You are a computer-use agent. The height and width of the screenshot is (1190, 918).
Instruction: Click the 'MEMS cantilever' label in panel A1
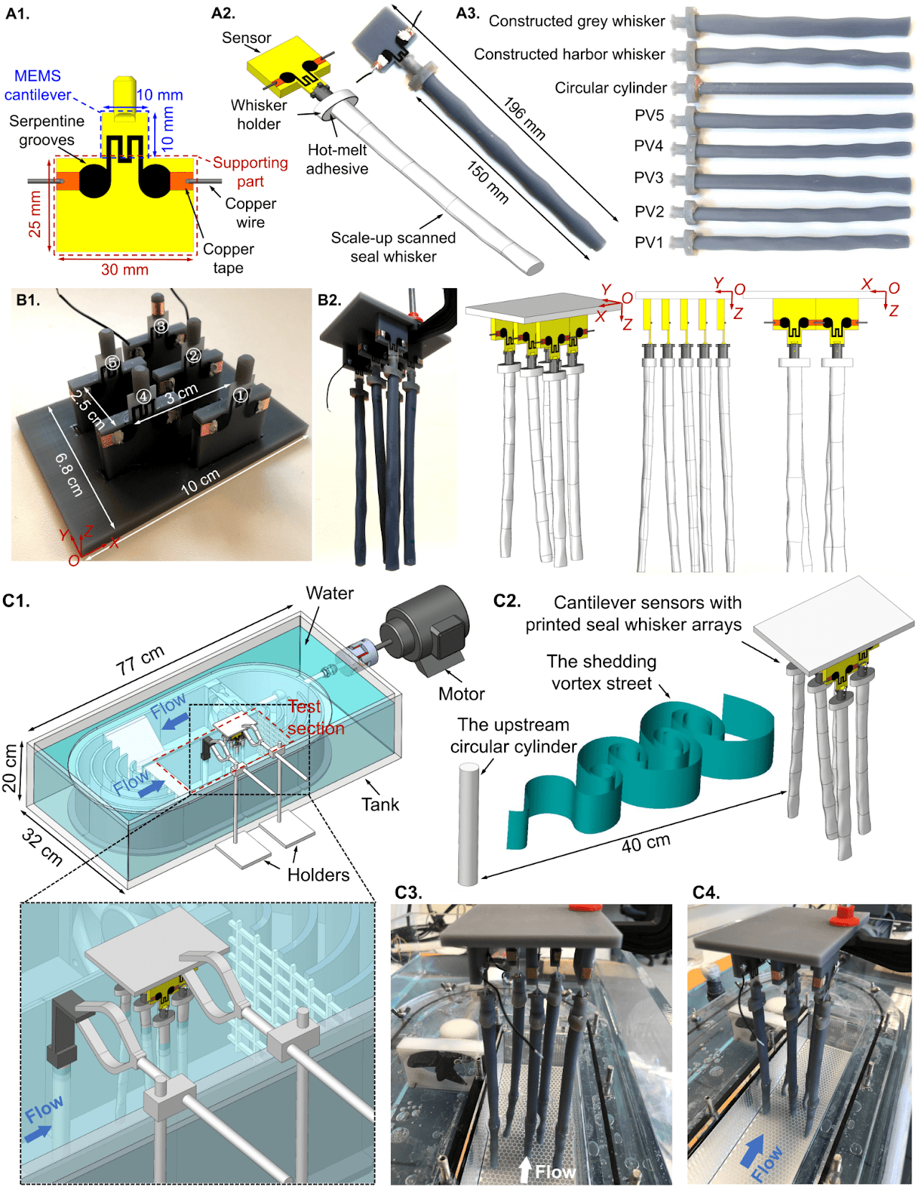[37, 85]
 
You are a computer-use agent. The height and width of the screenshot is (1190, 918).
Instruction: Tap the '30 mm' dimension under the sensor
[125, 270]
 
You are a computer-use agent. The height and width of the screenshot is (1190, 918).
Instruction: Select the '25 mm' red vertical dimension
[34, 214]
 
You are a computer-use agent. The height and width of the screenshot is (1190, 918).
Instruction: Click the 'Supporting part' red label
[250, 172]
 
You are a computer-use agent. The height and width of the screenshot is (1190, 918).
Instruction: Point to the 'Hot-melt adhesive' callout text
[337, 159]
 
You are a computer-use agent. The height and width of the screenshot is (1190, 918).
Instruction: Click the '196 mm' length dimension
[524, 118]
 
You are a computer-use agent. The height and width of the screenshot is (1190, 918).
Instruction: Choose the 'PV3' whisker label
[648, 178]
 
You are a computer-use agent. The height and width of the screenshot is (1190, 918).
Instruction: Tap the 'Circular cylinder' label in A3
[610, 87]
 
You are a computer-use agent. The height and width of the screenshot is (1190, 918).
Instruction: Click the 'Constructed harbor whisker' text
[569, 54]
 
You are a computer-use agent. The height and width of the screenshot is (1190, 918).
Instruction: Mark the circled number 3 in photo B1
[161, 326]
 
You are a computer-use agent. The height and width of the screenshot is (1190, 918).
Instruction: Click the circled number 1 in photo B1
[240, 395]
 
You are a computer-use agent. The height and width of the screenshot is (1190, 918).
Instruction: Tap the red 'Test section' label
[316, 718]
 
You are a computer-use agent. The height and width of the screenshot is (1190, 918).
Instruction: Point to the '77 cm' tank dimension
[141, 660]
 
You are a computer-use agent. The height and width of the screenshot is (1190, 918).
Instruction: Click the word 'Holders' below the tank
[318, 875]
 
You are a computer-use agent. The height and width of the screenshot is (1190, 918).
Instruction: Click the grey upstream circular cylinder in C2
[468, 824]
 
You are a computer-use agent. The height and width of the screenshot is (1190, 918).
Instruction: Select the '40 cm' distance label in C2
[645, 843]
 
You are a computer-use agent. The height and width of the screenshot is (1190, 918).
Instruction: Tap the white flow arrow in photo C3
[525, 1170]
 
